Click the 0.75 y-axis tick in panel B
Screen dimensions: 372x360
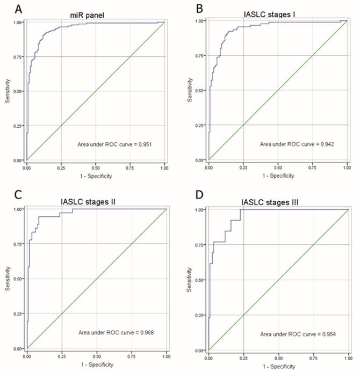coord(200,55)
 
